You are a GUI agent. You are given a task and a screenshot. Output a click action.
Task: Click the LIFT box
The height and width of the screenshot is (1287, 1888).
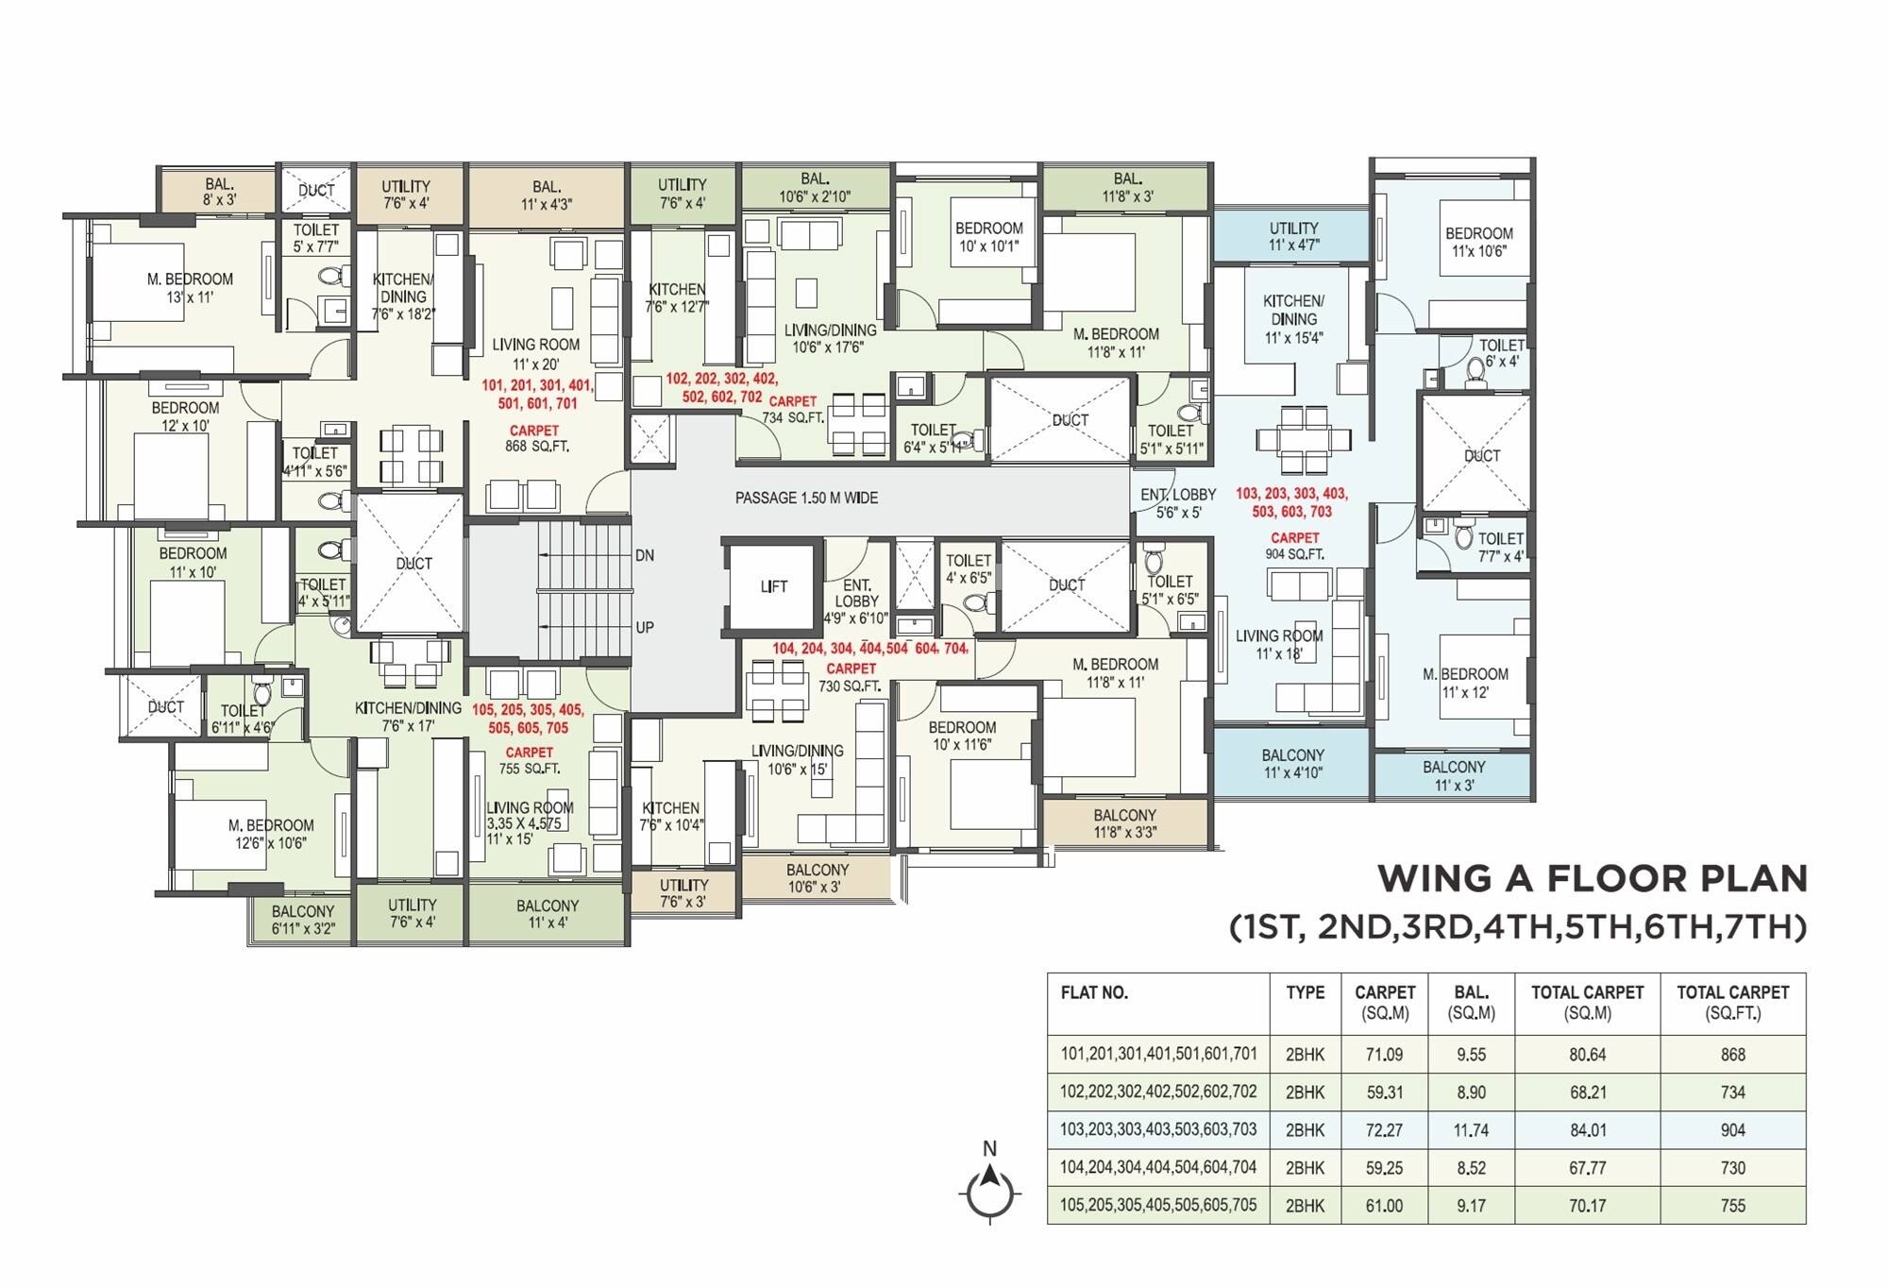pos(773,586)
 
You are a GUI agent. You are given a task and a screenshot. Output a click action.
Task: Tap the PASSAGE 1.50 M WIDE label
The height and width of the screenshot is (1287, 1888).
pos(806,498)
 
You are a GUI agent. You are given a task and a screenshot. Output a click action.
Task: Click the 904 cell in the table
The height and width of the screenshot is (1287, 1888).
pos(1732,1129)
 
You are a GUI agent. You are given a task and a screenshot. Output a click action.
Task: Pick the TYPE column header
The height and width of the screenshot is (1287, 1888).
pos(1305,992)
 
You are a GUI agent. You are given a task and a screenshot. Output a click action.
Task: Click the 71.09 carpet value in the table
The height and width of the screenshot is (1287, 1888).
pos(1384,1055)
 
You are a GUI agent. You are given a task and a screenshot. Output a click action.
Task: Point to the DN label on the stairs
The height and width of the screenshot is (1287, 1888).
pos(645,555)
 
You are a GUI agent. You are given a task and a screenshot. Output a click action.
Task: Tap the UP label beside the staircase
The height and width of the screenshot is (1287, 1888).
pos(645,627)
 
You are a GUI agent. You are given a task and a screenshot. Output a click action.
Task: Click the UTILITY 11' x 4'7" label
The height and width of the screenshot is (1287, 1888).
pos(1293,236)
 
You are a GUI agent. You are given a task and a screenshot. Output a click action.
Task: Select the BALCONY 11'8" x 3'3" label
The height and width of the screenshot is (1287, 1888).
pos(1124,823)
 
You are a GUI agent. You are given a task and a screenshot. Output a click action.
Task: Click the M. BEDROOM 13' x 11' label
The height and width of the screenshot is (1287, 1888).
pos(190,288)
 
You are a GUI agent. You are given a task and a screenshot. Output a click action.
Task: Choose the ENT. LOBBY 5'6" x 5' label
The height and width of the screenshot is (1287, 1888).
pos(1178,503)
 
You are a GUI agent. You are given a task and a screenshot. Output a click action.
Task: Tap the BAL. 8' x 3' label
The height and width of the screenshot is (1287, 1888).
pos(219,192)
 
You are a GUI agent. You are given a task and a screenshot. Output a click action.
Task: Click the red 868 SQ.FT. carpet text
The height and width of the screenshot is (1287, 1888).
pos(535,439)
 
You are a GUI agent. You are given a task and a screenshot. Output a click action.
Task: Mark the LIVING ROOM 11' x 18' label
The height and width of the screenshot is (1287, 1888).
pos(1279,645)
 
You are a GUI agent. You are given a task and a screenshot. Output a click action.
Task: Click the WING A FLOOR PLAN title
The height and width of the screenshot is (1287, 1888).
pos(1592,878)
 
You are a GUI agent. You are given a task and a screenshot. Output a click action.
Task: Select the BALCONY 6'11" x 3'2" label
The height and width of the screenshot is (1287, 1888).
pos(303,920)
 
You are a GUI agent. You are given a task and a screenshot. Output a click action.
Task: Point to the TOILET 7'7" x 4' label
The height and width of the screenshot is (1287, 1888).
pos(1500,547)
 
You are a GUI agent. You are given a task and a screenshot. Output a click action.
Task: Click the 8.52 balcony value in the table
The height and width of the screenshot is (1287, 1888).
pos(1471,1167)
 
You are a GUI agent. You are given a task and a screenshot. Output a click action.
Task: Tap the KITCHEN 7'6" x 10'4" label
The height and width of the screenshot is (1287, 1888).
pos(671,816)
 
